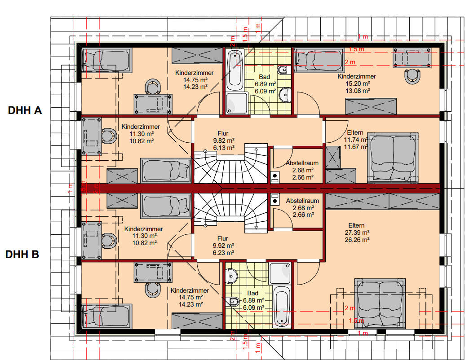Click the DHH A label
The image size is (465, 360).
point(25,110)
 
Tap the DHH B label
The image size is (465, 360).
point(22,254)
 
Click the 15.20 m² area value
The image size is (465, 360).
point(358,83)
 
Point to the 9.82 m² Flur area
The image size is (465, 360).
point(224,140)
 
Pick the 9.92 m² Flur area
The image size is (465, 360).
point(223,246)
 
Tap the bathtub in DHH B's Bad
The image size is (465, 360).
point(282,306)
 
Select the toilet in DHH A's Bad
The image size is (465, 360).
point(283,70)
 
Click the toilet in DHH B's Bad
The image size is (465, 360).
point(234,302)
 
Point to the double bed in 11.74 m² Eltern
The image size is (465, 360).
point(393,158)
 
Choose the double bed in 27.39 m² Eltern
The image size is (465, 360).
point(380,304)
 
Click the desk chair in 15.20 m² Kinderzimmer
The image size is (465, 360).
point(412,76)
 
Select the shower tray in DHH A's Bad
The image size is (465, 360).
point(237,103)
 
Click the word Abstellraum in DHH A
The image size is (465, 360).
point(302,163)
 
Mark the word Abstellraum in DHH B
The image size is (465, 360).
point(302,201)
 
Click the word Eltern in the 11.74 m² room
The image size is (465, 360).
point(355,132)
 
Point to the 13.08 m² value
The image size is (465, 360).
point(358,91)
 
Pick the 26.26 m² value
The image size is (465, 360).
point(357,240)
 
